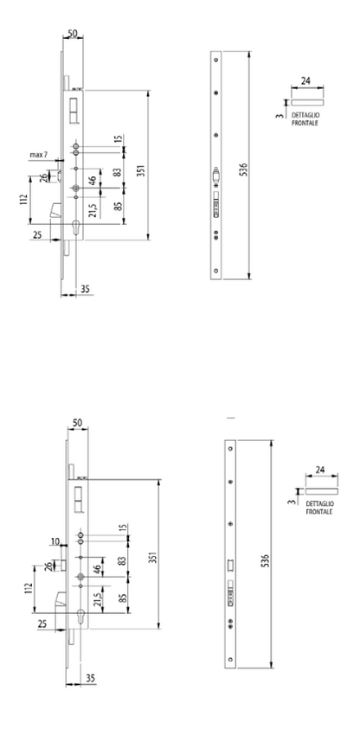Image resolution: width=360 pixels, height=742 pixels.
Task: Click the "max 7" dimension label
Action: click(39, 155)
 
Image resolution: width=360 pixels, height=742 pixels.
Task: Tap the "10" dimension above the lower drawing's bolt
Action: click(56, 541)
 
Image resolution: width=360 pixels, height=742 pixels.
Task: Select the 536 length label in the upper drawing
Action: click(243, 169)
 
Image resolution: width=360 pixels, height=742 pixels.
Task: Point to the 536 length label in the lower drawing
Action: click(265, 560)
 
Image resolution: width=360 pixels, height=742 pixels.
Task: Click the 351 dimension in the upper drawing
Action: click(141, 170)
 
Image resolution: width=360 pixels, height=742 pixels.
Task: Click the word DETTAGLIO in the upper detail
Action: click(305, 116)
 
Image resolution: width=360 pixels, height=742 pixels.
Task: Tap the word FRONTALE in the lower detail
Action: click(319, 512)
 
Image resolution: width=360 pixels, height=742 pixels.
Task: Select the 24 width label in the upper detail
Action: click(306, 81)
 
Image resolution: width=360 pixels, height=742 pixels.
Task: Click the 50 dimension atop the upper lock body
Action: click(73, 34)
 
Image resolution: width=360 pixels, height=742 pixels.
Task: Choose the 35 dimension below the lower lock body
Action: click(91, 678)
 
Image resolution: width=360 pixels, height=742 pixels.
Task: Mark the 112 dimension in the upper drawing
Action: click(23, 201)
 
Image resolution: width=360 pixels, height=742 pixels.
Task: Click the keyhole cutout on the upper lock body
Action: click(76, 228)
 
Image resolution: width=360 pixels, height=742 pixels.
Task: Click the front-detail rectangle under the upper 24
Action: click(307, 102)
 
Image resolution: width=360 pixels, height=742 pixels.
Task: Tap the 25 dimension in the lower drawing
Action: click(42, 624)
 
